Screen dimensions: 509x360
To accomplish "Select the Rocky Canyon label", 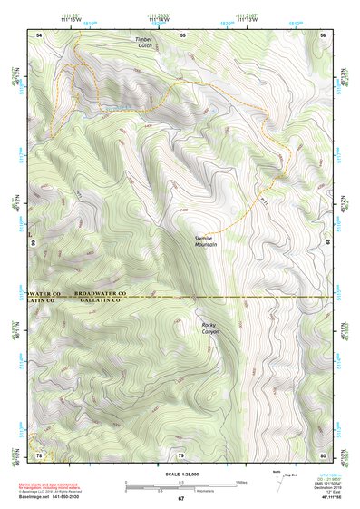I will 209,328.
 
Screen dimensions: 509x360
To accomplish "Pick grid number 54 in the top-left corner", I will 39,34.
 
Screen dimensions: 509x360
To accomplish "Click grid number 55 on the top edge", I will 182,34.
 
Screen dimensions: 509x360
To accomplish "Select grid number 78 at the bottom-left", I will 39,455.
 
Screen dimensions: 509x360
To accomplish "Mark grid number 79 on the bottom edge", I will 180,455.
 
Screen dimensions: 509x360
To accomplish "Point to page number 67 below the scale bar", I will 180,498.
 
